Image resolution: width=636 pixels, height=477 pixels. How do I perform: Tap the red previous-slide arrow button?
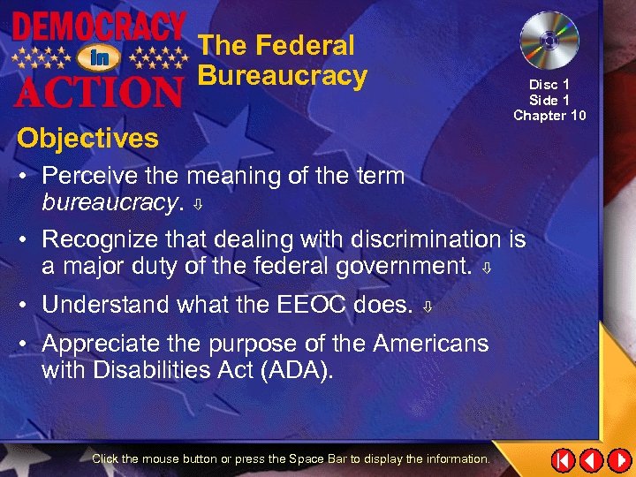[x=591, y=460]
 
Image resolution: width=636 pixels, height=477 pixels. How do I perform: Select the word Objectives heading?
[x=87, y=138]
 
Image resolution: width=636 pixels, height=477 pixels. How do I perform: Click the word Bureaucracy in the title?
[x=282, y=75]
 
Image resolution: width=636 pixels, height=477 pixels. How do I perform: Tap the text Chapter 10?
[x=549, y=115]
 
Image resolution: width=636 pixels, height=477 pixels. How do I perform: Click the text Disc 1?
[x=549, y=85]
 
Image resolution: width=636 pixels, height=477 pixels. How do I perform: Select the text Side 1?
[x=549, y=100]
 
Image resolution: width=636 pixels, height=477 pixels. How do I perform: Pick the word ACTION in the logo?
[x=98, y=88]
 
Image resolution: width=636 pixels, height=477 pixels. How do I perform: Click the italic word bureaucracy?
[x=109, y=202]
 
